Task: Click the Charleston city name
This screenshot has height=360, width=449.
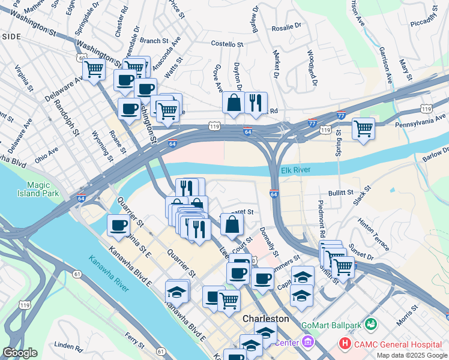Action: coord(265,319)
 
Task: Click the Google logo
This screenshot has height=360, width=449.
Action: coord(20,353)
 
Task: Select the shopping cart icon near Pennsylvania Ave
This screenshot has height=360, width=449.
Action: coord(363,128)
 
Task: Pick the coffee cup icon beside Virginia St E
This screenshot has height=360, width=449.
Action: coord(118,225)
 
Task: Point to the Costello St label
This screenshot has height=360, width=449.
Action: coord(227,44)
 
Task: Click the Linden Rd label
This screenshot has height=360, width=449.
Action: coord(67,346)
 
